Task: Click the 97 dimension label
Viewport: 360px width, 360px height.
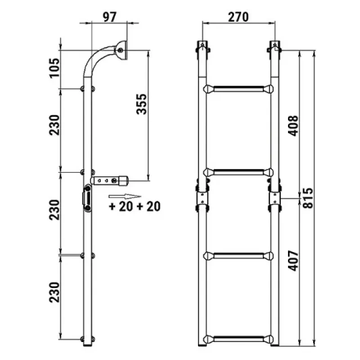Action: (109, 17)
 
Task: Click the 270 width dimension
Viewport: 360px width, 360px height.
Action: (238, 17)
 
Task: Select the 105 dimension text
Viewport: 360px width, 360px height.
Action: (54, 68)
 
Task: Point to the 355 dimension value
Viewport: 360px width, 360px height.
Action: (141, 104)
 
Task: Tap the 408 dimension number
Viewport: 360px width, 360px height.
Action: (293, 126)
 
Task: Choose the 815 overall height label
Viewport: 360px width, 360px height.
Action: (307, 198)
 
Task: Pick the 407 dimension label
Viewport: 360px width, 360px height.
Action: (293, 261)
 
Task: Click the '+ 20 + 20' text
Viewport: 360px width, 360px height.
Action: (135, 206)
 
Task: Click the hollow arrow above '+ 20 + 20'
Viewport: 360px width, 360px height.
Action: (125, 197)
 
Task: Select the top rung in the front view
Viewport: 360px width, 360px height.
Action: (238, 89)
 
